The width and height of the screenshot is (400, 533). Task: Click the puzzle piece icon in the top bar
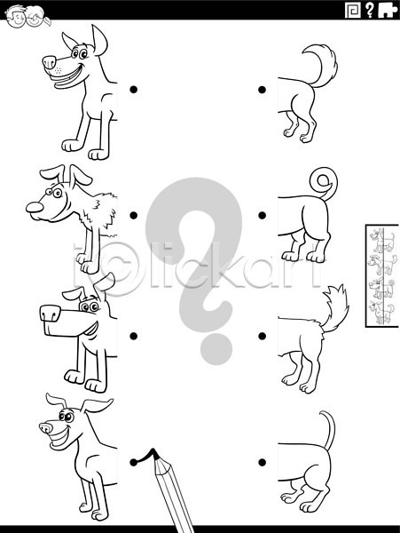coord(388,11)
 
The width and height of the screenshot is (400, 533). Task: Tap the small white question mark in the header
coord(369,11)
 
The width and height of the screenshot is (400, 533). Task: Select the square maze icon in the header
coord(353,11)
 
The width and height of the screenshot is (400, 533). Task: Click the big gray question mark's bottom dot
coord(216,349)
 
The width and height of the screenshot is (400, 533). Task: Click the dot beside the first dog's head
coord(134,90)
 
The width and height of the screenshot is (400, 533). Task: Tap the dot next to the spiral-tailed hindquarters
coord(262,215)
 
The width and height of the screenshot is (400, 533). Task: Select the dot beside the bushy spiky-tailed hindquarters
coord(262,336)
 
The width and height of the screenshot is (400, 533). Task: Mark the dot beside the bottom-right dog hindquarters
coord(262,462)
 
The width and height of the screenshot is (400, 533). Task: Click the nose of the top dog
coord(49,62)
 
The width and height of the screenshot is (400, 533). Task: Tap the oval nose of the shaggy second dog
coord(35,207)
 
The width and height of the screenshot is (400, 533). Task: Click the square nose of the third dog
coord(51,314)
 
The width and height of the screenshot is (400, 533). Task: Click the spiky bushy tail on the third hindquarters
coord(333,307)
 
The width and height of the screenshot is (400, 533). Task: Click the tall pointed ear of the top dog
coord(99,40)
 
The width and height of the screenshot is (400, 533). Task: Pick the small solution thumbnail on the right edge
coord(382,275)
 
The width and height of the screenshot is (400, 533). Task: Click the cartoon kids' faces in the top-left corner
coord(27,16)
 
